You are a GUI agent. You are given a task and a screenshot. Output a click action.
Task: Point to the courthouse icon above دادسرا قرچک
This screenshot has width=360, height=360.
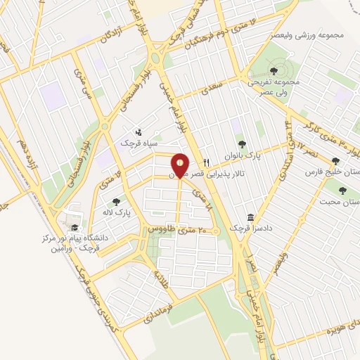250,217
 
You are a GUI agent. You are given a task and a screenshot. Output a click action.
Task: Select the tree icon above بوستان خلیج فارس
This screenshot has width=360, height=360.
336,161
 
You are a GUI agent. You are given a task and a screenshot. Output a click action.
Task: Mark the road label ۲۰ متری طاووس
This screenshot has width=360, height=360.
176,230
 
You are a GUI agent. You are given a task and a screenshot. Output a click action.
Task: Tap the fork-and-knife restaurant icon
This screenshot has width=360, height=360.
206,161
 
